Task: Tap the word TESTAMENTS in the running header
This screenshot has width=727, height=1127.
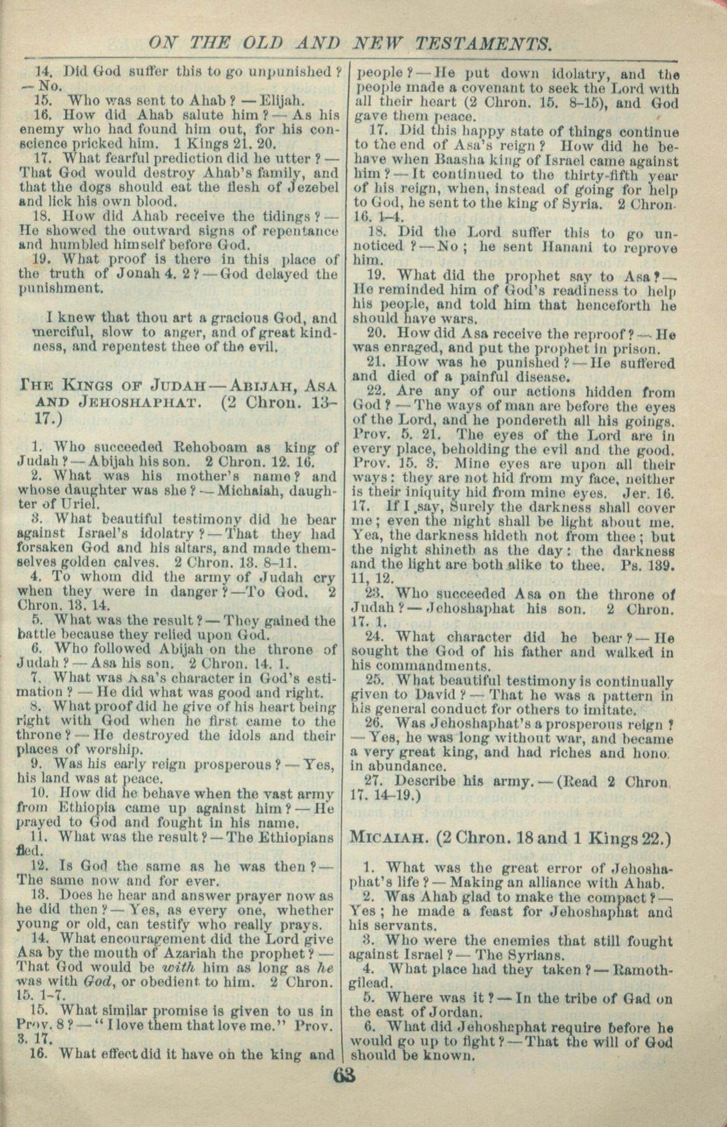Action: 483,43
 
